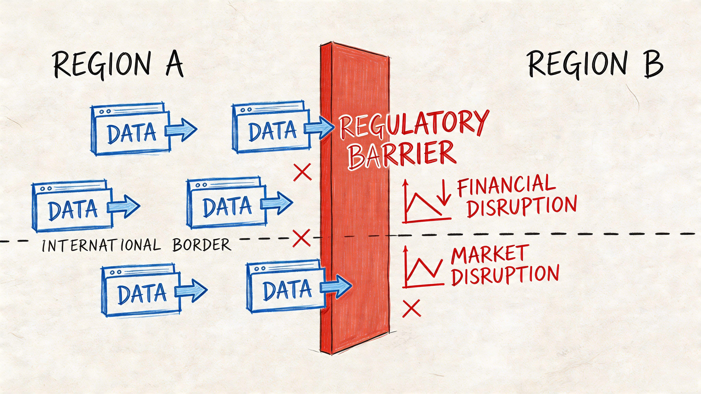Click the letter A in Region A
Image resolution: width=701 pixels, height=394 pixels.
click(174, 64)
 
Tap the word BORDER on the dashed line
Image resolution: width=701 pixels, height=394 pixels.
click(202, 245)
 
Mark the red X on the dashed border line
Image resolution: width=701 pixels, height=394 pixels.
click(301, 238)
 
